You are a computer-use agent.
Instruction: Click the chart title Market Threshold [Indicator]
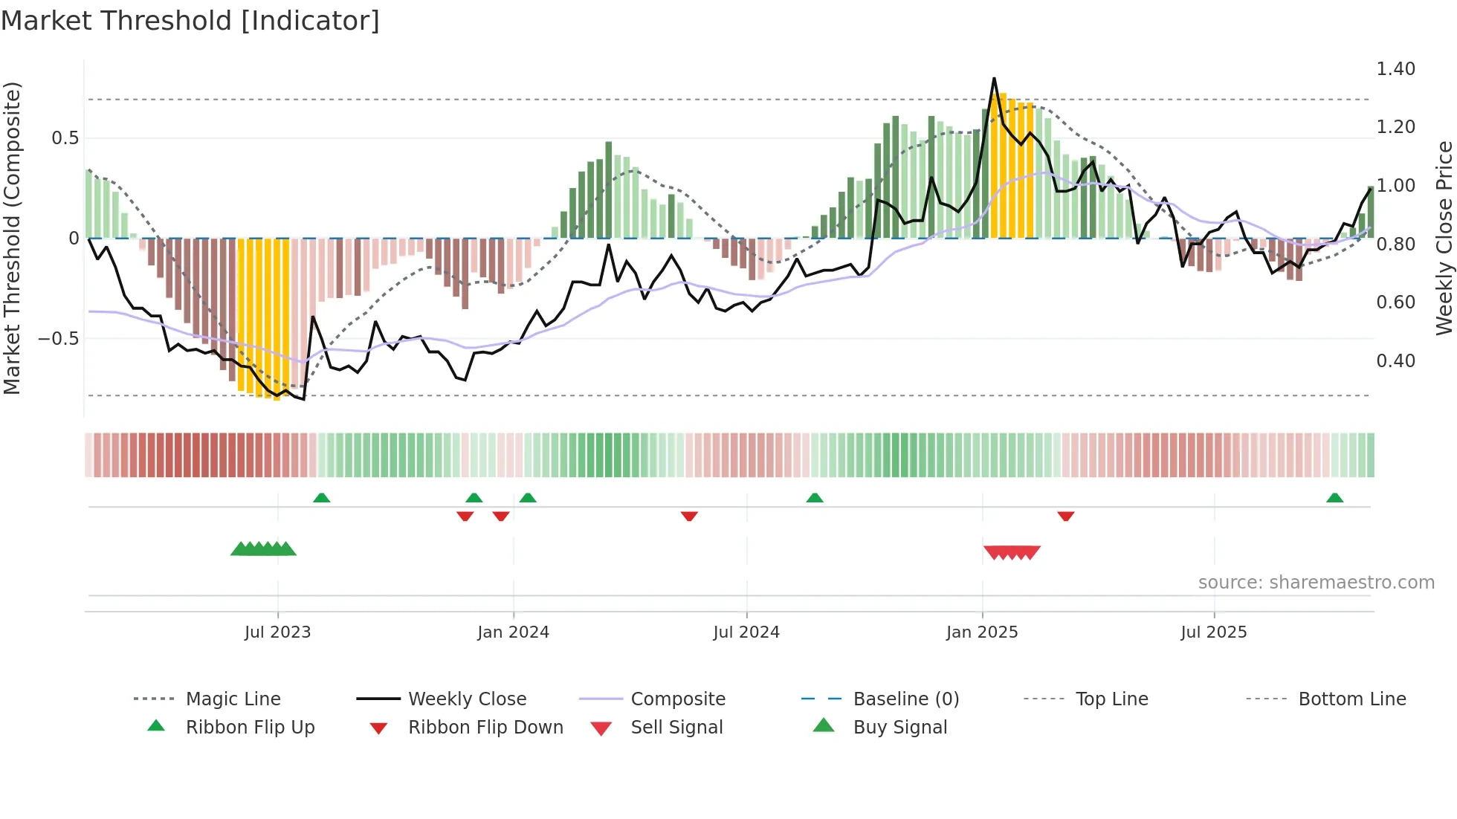pos(190,21)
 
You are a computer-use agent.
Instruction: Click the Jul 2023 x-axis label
pos(277,632)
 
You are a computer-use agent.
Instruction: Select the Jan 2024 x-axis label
pos(513,632)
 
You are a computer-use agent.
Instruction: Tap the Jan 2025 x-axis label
pos(982,632)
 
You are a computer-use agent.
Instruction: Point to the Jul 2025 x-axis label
pos(1214,632)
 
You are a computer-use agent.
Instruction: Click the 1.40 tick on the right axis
pos(1395,69)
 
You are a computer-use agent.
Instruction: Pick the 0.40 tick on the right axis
pos(1395,361)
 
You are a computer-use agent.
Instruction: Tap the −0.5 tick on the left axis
pos(58,339)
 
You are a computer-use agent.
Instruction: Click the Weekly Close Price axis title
pos(1444,238)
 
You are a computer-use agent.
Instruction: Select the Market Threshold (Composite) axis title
pos(12,238)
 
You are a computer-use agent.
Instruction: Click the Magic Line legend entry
pos(233,699)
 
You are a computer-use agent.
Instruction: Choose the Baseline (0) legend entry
pos(905,699)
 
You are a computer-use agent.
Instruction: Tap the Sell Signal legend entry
pos(676,728)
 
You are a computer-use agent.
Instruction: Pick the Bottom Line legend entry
pos(1351,699)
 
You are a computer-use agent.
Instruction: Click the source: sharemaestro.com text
pos(1316,583)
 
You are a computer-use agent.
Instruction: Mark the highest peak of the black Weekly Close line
pos(994,78)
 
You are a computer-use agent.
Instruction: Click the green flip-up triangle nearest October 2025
pos(1334,498)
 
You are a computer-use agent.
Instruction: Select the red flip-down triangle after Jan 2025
pos(1065,516)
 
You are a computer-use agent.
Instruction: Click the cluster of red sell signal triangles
pos(1011,552)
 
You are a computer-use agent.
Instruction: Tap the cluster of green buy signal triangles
pos(263,549)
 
